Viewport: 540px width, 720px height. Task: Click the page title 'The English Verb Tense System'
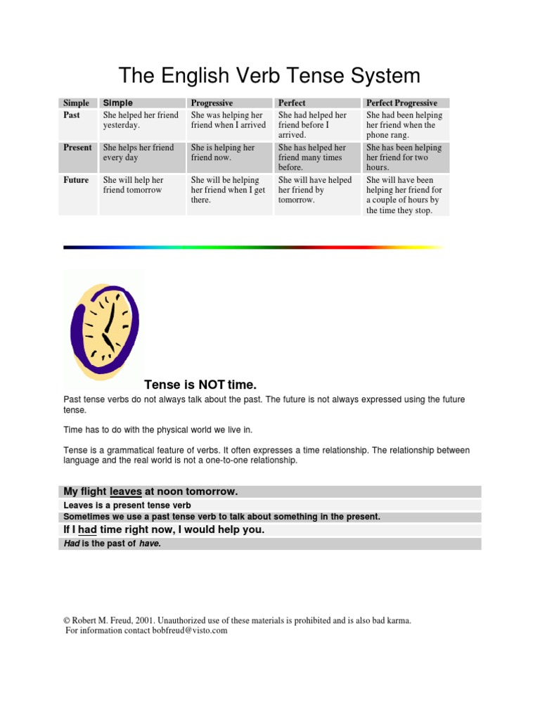pos(269,75)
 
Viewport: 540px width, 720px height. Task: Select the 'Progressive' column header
pos(212,103)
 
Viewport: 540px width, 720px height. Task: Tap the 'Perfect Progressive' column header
pos(401,103)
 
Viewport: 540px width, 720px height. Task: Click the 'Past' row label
pos(72,115)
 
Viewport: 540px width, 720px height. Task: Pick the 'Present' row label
pos(77,148)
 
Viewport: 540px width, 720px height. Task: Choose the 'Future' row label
pos(76,180)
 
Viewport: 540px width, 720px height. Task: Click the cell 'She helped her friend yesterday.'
pos(141,120)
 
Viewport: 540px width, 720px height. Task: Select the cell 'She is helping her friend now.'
pos(223,153)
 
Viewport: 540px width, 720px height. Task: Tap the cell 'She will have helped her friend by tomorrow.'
pos(314,190)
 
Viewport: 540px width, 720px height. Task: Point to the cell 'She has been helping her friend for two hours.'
pos(404,157)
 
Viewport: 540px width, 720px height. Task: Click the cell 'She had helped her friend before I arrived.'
pos(312,124)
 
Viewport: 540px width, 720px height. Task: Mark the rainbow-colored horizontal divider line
pos(253,247)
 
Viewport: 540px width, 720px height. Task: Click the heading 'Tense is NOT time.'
pos(200,385)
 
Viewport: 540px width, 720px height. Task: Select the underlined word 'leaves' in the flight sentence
pos(127,491)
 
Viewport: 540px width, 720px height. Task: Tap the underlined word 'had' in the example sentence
pos(87,529)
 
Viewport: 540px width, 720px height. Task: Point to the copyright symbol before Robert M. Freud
pos(67,621)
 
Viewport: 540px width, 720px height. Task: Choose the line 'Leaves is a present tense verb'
pos(127,505)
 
